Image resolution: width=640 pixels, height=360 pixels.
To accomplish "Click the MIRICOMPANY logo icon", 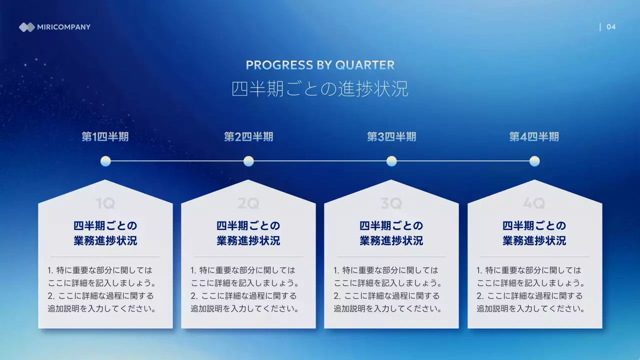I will (26, 27).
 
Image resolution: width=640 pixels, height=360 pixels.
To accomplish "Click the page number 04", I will (611, 27).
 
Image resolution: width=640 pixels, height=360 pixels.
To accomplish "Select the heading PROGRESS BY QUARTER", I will (320, 65).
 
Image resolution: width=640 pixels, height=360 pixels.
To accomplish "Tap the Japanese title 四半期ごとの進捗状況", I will (320, 89).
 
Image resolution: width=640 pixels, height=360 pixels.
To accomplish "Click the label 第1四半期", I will (105, 137).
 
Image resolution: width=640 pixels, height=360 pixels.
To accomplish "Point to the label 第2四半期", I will (248, 137).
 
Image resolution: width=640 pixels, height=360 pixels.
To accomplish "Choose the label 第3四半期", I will (391, 137).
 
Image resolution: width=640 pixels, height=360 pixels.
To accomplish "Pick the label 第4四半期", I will (534, 137).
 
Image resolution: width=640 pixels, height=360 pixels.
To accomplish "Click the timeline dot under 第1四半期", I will (105, 161).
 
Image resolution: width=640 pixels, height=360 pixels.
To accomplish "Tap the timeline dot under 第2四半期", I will (248, 161).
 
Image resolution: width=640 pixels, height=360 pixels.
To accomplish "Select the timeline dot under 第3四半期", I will (391, 161).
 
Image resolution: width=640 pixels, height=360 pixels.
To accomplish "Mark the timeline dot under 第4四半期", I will (534, 161).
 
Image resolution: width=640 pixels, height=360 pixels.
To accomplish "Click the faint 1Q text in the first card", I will (105, 203).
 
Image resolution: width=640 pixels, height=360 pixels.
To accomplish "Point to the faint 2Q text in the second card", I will (248, 203).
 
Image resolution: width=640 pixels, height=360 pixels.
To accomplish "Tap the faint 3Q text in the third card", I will (391, 203).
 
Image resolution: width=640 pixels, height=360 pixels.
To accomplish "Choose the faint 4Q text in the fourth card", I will (534, 203).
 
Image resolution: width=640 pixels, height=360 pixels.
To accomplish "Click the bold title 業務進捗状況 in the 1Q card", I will (105, 241).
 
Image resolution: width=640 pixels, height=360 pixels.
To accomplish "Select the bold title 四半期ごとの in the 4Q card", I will (534, 225).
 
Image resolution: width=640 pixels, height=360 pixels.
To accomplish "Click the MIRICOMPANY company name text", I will (64, 27).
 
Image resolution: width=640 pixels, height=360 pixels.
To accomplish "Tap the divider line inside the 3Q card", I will (391, 256).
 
